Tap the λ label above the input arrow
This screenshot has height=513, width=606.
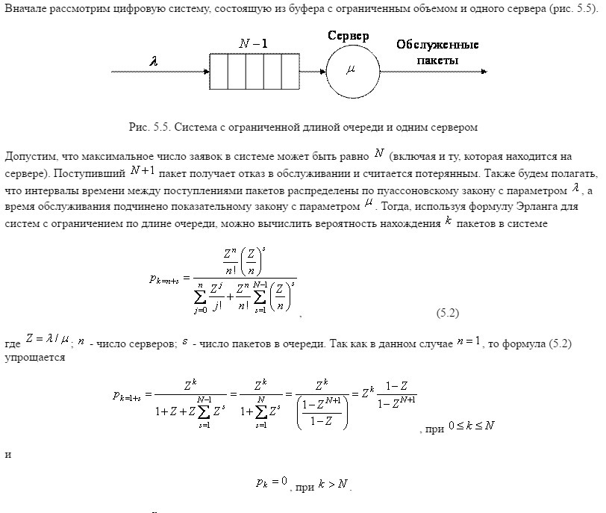click(154, 62)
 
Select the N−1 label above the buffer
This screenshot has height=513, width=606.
click(254, 44)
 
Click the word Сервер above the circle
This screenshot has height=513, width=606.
click(352, 36)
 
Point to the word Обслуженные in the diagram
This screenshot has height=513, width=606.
click(437, 45)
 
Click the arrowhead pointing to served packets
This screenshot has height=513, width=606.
click(484, 72)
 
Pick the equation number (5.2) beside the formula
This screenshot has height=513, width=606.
click(446, 313)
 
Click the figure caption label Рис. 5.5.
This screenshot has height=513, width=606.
click(150, 127)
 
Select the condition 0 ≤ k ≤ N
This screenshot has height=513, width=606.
click(471, 426)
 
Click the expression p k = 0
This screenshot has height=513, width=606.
click(271, 482)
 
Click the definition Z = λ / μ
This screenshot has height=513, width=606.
click(47, 340)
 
